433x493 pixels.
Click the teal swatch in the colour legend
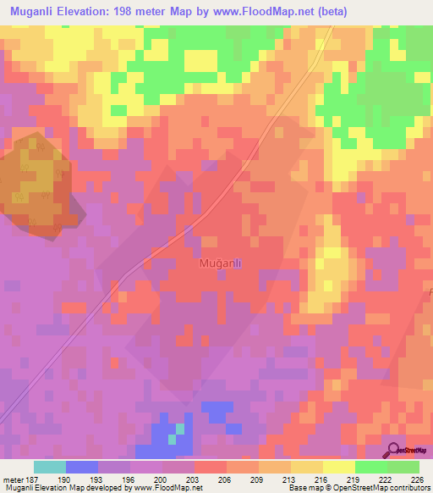pos(49,467)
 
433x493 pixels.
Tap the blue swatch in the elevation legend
pos(81,467)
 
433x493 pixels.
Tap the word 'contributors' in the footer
pos(407,489)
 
